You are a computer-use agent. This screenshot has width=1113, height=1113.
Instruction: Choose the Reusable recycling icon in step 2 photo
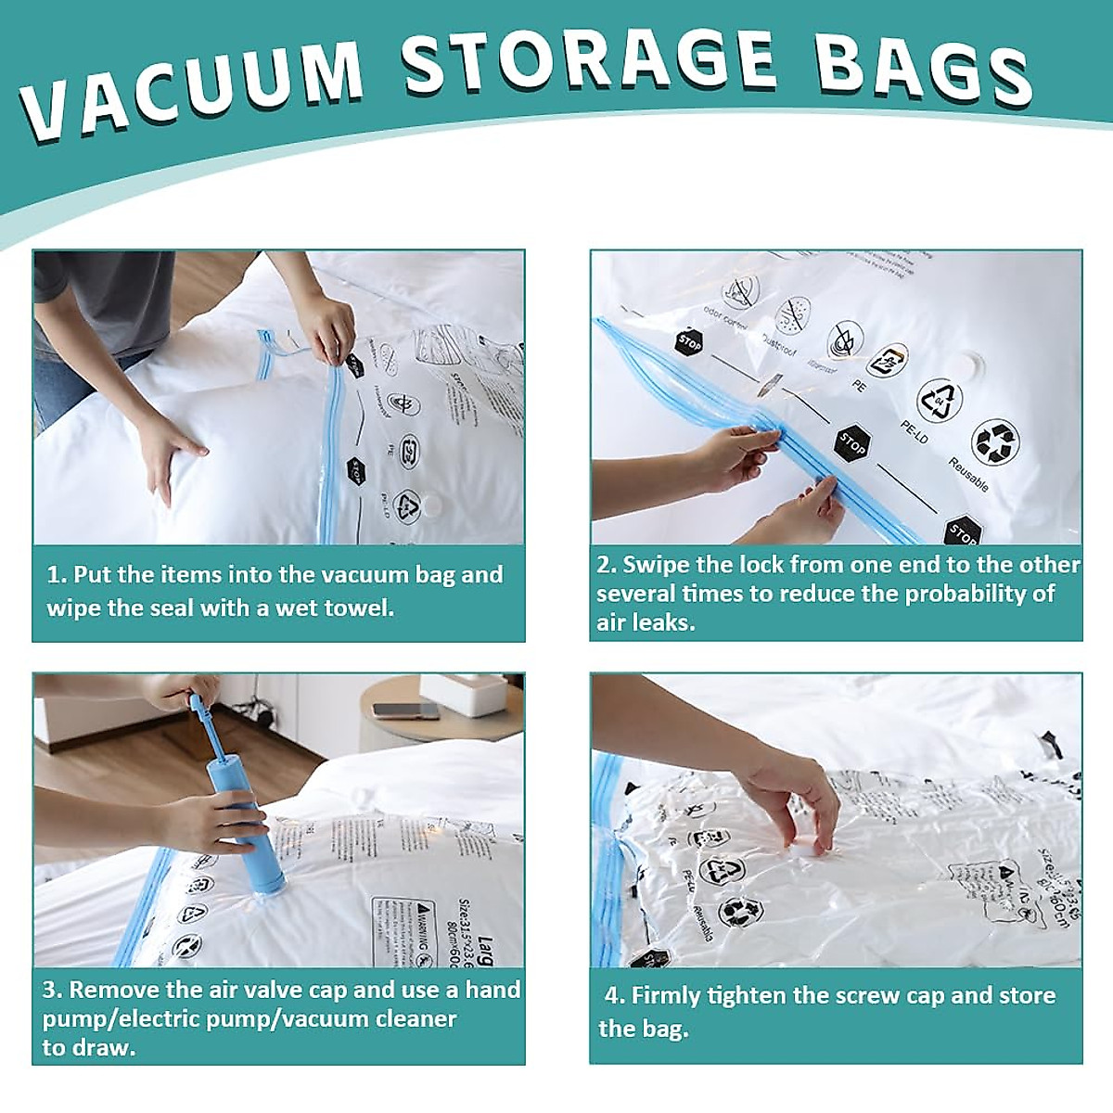(994, 441)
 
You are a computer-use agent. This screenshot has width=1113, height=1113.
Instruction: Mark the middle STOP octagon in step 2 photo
(850, 444)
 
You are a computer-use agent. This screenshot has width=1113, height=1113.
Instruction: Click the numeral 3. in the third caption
(52, 990)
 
